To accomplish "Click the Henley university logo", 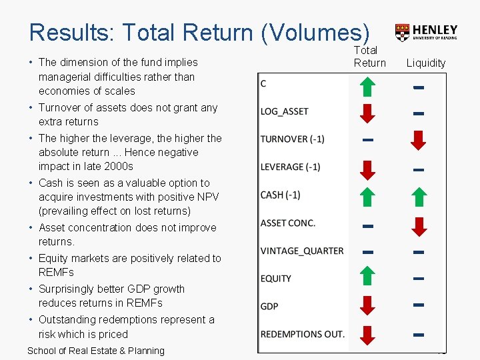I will [x=426, y=32].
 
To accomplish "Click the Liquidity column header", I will [x=426, y=63].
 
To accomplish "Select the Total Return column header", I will [x=369, y=57].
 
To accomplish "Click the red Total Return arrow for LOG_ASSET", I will [x=367, y=113].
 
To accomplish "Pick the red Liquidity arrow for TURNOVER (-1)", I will [x=418, y=141].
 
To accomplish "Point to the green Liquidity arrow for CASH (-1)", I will [x=418, y=197].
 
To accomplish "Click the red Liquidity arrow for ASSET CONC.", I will [x=418, y=226].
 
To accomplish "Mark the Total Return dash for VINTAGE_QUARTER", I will [x=367, y=252].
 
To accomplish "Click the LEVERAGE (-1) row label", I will [x=290, y=167].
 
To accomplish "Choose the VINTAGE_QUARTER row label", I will [x=302, y=251].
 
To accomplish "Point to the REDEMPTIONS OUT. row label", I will [x=302, y=333].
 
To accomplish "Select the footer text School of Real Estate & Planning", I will [x=95, y=351].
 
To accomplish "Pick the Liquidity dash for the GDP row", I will [x=418, y=305].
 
